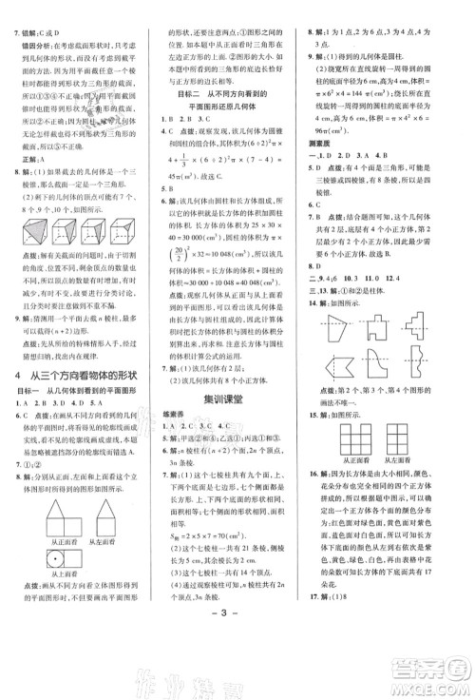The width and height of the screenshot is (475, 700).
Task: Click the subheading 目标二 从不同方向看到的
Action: point(236,106)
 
